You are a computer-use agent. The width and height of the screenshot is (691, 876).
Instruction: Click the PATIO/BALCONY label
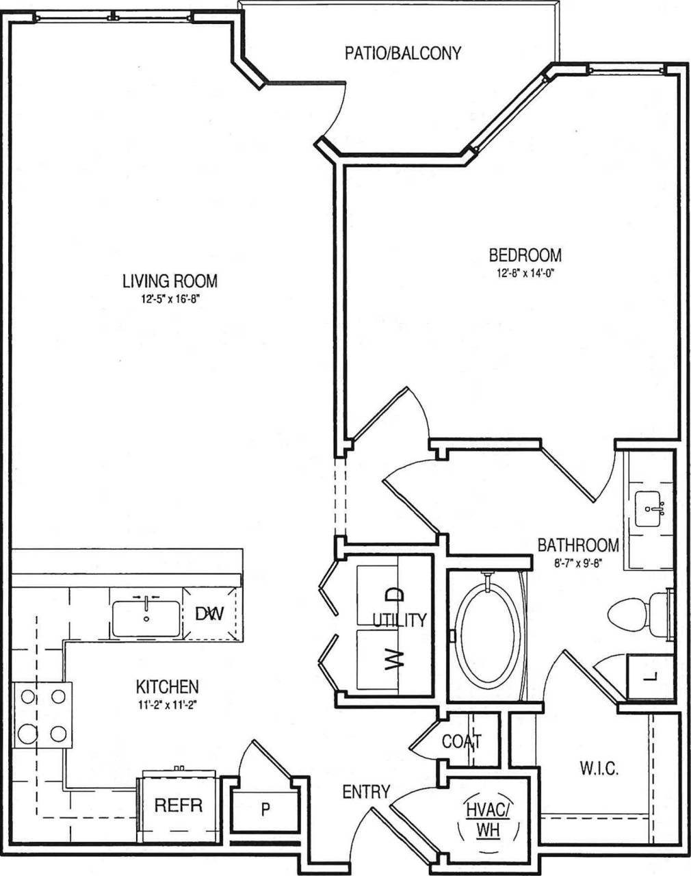click(x=403, y=53)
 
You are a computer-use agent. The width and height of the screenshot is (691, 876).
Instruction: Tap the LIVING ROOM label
click(x=170, y=281)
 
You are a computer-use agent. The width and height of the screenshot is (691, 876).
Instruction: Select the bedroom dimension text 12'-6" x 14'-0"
click(x=525, y=272)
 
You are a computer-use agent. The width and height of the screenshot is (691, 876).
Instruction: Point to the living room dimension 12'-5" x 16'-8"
click(x=170, y=298)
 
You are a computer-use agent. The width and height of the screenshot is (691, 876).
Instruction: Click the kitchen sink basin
click(x=146, y=619)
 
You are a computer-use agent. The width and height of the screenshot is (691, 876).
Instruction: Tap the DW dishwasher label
click(x=210, y=614)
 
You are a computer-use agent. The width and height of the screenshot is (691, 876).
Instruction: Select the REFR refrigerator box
click(x=179, y=805)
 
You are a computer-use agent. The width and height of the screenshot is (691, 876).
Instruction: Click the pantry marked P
click(x=265, y=810)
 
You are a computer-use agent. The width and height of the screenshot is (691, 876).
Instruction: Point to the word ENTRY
click(x=366, y=793)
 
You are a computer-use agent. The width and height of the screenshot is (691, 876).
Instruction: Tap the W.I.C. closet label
click(x=599, y=769)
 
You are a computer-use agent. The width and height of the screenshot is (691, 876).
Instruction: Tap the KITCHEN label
click(x=168, y=686)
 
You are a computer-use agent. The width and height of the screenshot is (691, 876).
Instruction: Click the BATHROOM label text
click(x=578, y=545)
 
